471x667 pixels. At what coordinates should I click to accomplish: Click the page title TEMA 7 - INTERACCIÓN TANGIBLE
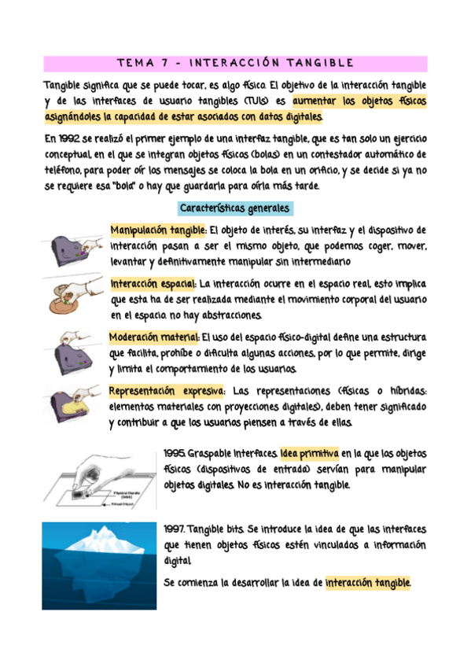235,63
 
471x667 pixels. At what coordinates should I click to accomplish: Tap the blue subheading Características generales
235,208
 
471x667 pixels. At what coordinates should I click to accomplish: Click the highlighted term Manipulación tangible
159,230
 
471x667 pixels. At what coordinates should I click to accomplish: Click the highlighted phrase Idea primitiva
309,455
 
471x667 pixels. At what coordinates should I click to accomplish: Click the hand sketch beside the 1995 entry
98,477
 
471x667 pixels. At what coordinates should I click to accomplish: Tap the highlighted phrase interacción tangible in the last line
367,583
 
